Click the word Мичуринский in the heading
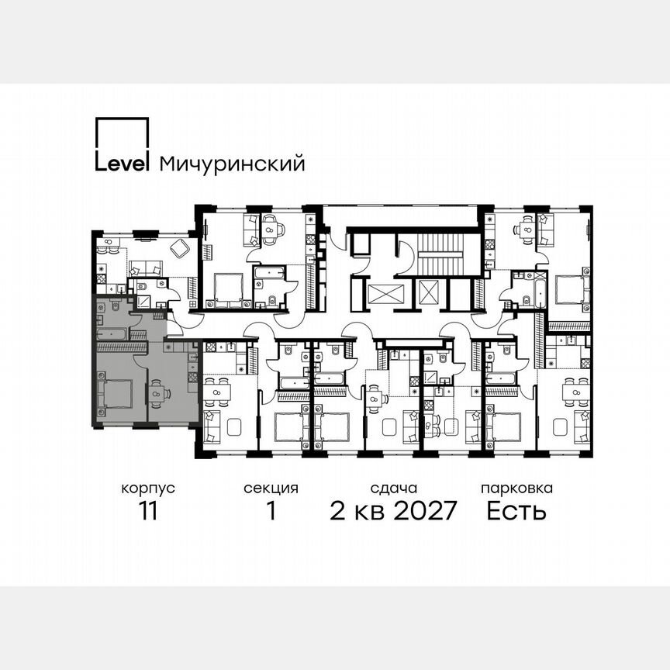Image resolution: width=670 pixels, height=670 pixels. pyautogui.click(x=231, y=164)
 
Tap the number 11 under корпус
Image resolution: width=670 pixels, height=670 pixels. pyautogui.click(x=147, y=512)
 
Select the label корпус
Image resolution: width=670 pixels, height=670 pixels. pyautogui.click(x=147, y=489)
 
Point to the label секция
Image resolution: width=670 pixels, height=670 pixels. pyautogui.click(x=271, y=489)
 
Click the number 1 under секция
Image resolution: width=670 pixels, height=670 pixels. pyautogui.click(x=271, y=512)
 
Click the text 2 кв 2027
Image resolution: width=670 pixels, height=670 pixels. pyautogui.click(x=394, y=512)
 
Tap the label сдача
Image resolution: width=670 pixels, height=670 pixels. pyautogui.click(x=394, y=489)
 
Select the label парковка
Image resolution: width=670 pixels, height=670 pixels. pyautogui.click(x=516, y=489)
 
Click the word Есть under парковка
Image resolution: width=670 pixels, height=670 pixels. pyautogui.click(x=516, y=512)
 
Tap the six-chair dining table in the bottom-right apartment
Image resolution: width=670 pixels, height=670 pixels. pyautogui.click(x=575, y=392)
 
